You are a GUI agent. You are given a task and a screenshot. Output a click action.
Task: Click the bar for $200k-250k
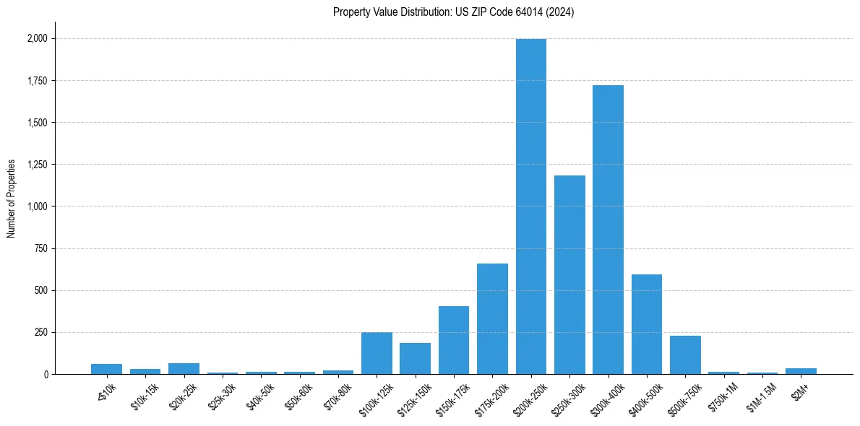point(530,207)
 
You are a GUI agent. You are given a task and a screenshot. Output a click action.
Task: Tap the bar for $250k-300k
point(569,274)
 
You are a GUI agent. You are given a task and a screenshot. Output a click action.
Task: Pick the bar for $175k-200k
point(492,318)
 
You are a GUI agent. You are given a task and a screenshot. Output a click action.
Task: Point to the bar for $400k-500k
point(647,324)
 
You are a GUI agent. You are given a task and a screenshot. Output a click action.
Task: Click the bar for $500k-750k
point(685,355)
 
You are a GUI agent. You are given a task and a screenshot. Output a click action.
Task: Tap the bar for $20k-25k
point(184,368)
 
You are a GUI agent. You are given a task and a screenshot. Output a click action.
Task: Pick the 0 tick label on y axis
point(46,375)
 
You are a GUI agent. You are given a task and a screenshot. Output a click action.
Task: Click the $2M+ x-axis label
point(799,390)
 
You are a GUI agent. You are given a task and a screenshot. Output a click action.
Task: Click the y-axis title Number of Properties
point(12,199)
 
